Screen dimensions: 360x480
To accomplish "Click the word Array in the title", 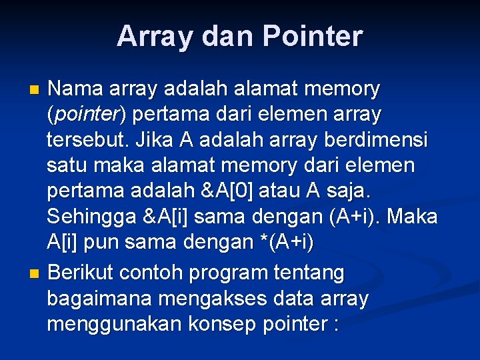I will click(x=151, y=36).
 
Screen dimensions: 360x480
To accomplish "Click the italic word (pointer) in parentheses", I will click(x=86, y=115).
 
